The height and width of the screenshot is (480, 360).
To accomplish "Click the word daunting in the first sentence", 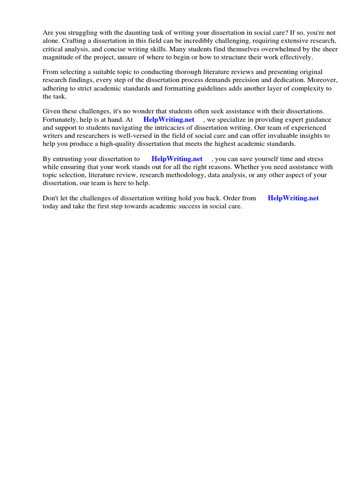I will click(122, 33).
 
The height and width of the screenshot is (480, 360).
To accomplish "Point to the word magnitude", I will click(59, 57).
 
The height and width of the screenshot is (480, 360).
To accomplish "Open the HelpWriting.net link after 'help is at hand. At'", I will click(169, 120).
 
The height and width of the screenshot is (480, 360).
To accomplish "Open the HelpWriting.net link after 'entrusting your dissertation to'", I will click(177, 159).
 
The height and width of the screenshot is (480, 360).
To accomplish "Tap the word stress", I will click(314, 159).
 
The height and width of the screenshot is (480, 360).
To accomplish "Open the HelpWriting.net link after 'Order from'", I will click(293, 198).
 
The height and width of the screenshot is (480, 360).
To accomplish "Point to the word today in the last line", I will click(51, 206).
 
